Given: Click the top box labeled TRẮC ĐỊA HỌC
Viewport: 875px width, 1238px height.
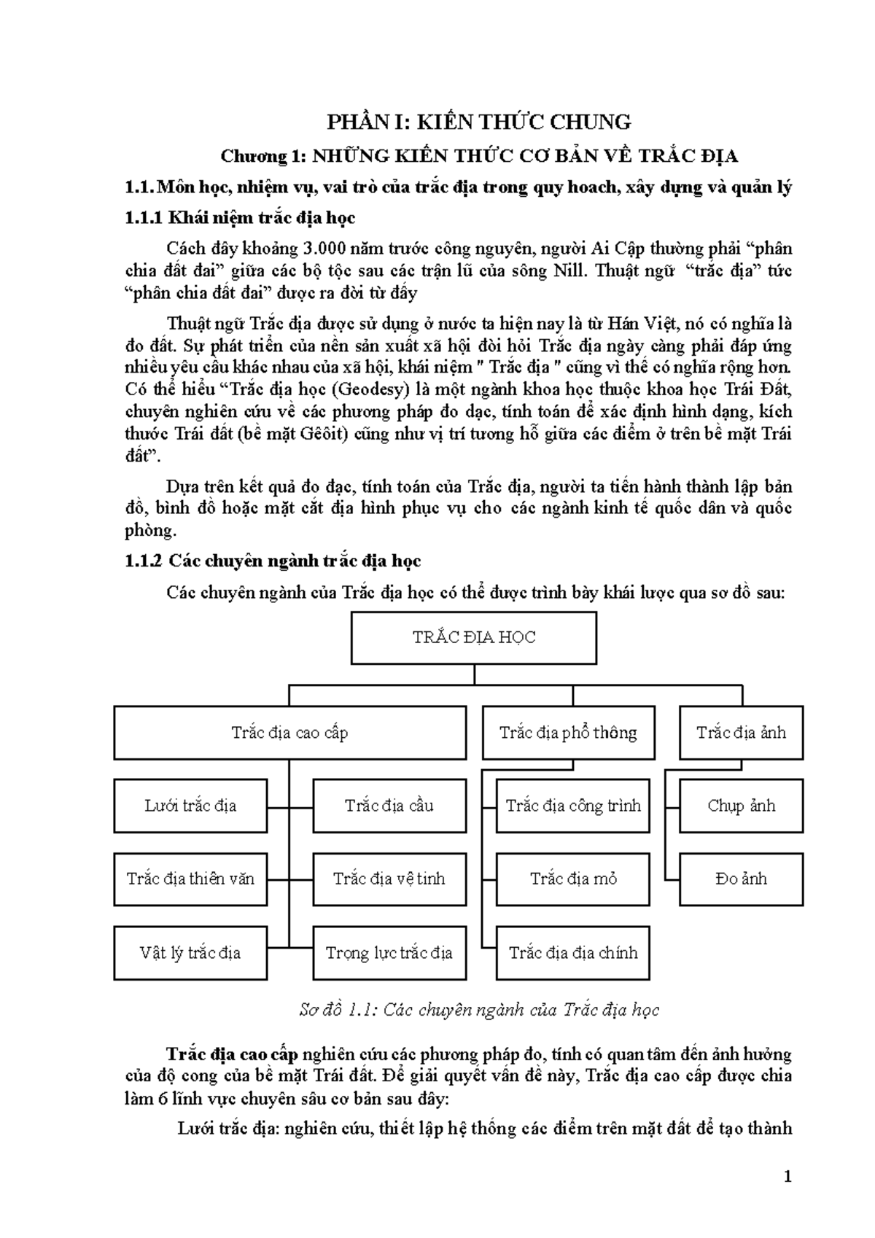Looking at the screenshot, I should click(474, 638).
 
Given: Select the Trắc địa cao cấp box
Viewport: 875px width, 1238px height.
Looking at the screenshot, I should click(289, 733).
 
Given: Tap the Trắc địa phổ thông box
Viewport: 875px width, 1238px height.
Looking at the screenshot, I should click(567, 733).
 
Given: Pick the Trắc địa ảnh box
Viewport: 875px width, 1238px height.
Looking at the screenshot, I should click(741, 733).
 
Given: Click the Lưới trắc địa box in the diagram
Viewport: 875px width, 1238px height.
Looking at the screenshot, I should click(190, 806).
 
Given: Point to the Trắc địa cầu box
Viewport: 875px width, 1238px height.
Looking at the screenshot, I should click(389, 806).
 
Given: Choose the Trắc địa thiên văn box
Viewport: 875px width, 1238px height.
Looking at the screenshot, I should click(190, 879).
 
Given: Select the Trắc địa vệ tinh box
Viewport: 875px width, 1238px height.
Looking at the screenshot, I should click(389, 879).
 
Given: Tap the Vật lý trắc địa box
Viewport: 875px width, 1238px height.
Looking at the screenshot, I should click(190, 952).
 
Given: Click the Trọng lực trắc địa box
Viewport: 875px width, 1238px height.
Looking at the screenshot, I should click(389, 952).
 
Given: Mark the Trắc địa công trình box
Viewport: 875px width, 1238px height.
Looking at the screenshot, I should click(573, 806).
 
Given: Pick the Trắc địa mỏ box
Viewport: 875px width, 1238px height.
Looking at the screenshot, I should click(573, 879).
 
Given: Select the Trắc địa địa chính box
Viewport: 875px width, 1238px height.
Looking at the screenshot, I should click(573, 952).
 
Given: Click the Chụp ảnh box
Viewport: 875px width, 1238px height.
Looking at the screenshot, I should click(741, 806).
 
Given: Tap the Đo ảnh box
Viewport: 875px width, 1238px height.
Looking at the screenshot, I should click(741, 879).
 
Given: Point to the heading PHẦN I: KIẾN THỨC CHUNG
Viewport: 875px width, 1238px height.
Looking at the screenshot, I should click(478, 122).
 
